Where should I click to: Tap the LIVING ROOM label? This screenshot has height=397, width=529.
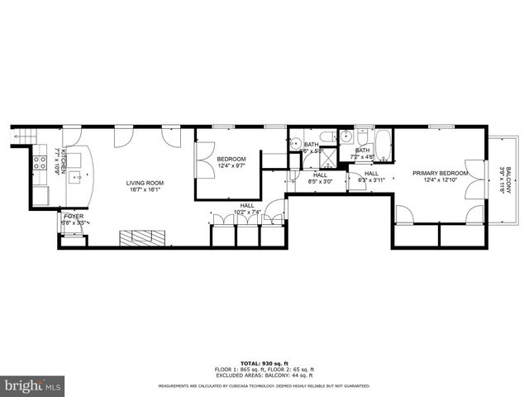(x=145, y=183)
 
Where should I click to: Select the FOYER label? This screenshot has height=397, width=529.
(x=75, y=219)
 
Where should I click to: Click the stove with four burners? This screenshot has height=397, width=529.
(x=39, y=162)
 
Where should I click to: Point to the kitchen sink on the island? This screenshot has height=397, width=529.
(x=78, y=175)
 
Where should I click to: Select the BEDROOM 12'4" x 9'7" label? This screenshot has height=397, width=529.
(x=231, y=159)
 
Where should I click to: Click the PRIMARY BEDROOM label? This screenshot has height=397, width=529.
(x=440, y=173)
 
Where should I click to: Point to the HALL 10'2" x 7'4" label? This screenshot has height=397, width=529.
(x=247, y=205)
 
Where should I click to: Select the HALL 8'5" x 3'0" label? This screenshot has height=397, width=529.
(x=320, y=175)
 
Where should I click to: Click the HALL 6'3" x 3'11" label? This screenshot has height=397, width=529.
(x=371, y=174)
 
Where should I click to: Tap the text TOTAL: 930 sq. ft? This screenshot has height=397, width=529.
(x=264, y=363)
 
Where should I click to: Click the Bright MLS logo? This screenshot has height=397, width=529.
(x=33, y=385)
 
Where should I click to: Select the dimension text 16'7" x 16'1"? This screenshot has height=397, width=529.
(x=145, y=189)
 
